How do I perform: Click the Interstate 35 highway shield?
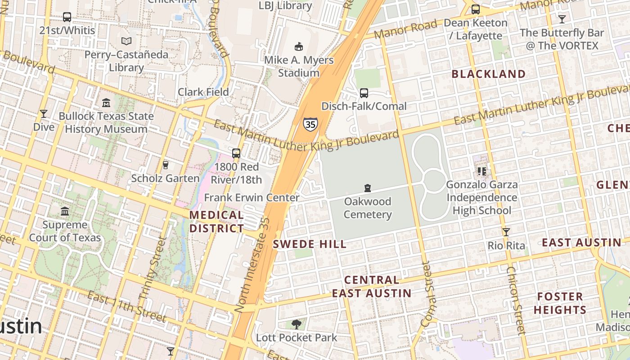(310, 124)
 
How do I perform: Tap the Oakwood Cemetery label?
(368, 208)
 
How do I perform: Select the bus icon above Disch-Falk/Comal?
(364, 93)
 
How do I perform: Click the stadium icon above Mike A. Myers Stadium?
(298, 46)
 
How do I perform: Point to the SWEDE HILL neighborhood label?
(310, 244)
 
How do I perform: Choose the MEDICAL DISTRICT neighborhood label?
(216, 222)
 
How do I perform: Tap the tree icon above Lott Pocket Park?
(296, 324)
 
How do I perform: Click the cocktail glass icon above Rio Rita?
(506, 232)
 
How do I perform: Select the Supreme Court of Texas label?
(65, 231)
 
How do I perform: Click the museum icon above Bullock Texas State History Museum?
(106, 103)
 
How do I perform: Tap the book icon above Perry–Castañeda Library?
(127, 41)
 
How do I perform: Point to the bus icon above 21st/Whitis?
(67, 17)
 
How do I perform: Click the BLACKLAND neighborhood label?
(488, 74)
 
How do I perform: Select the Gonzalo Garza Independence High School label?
(481, 198)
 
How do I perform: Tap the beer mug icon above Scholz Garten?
(165, 165)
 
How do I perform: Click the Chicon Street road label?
(516, 301)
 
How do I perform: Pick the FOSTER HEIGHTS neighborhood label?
(560, 303)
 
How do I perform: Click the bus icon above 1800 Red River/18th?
(236, 153)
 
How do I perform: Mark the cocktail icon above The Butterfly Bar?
(562, 19)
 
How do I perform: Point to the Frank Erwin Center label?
(252, 198)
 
